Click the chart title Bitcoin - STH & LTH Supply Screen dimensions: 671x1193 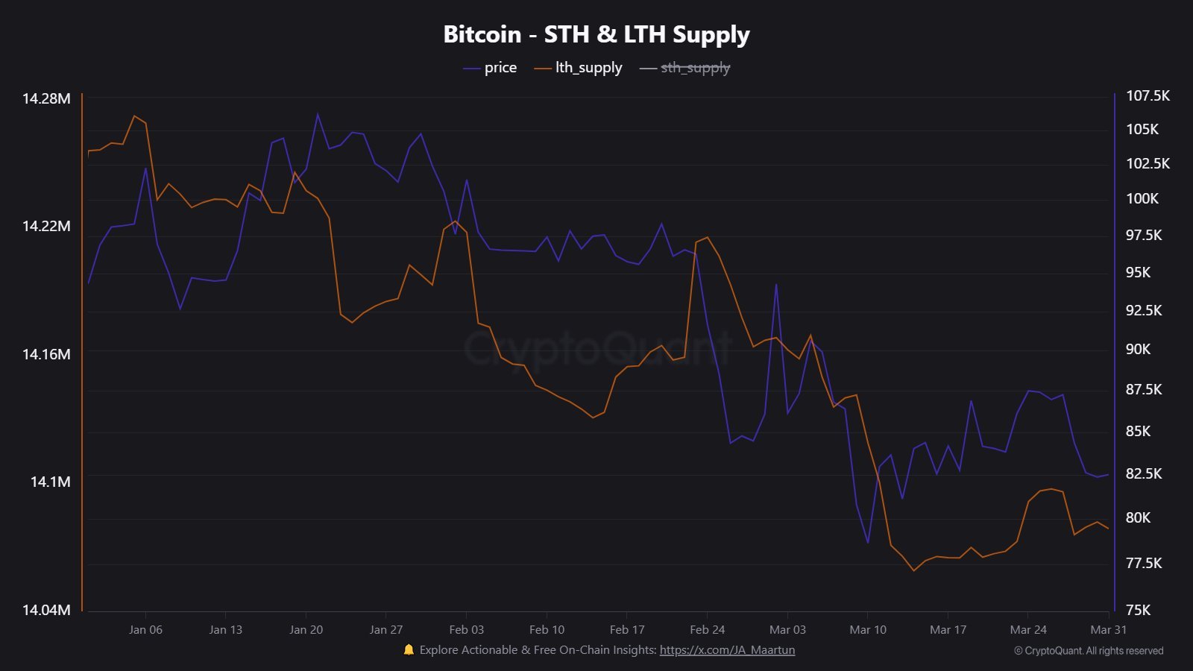pyautogui.click(x=596, y=34)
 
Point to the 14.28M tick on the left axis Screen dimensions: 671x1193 pyautogui.click(x=46, y=98)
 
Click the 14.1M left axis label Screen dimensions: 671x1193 pyautogui.click(x=50, y=482)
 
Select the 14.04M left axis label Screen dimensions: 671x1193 pyautogui.click(x=46, y=610)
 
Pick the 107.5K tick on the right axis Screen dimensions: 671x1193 pyautogui.click(x=1148, y=95)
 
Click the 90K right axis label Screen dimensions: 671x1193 pyautogui.click(x=1138, y=349)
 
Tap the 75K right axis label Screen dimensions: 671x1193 pyautogui.click(x=1138, y=610)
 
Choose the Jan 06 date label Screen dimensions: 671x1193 pyautogui.click(x=145, y=630)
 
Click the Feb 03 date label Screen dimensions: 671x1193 pyautogui.click(x=467, y=630)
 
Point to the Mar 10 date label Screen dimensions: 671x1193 pyautogui.click(x=868, y=630)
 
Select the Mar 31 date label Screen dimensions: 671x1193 pyautogui.click(x=1108, y=630)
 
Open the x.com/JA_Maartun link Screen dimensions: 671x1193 pyautogui.click(x=727, y=650)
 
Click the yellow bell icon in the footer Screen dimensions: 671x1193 pyautogui.click(x=409, y=649)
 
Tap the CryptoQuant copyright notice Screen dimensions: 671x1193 pyautogui.click(x=1089, y=651)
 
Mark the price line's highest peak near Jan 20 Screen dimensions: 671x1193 pyautogui.click(x=318, y=114)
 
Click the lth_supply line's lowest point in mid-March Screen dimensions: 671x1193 pyautogui.click(x=914, y=571)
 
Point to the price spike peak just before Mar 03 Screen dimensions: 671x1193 pyautogui.click(x=776, y=284)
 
